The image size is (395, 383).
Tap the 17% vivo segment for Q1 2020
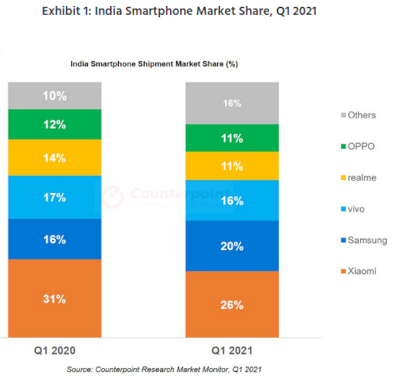pos(54,197)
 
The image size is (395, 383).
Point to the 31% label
pos(54,299)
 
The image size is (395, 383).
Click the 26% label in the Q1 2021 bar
pos(232,305)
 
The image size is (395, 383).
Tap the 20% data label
pos(232,246)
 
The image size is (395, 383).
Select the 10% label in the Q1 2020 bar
pos(54,96)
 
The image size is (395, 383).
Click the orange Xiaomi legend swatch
pos(342,272)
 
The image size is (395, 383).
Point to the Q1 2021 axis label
pos(232,351)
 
